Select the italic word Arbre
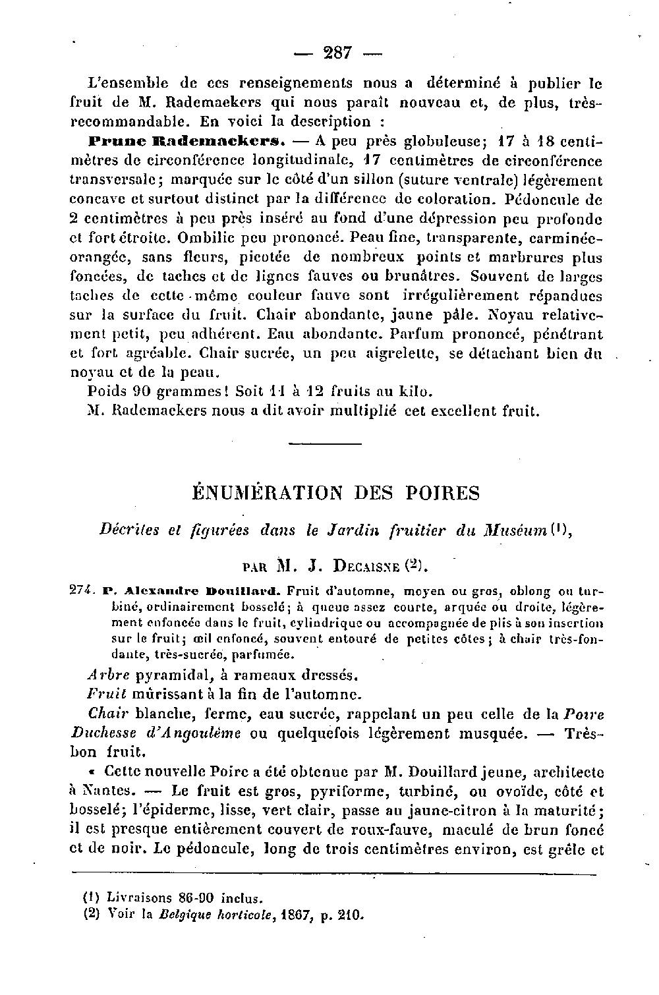pos(109,675)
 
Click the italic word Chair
pos(107,714)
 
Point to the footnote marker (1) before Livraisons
pos(92,897)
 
